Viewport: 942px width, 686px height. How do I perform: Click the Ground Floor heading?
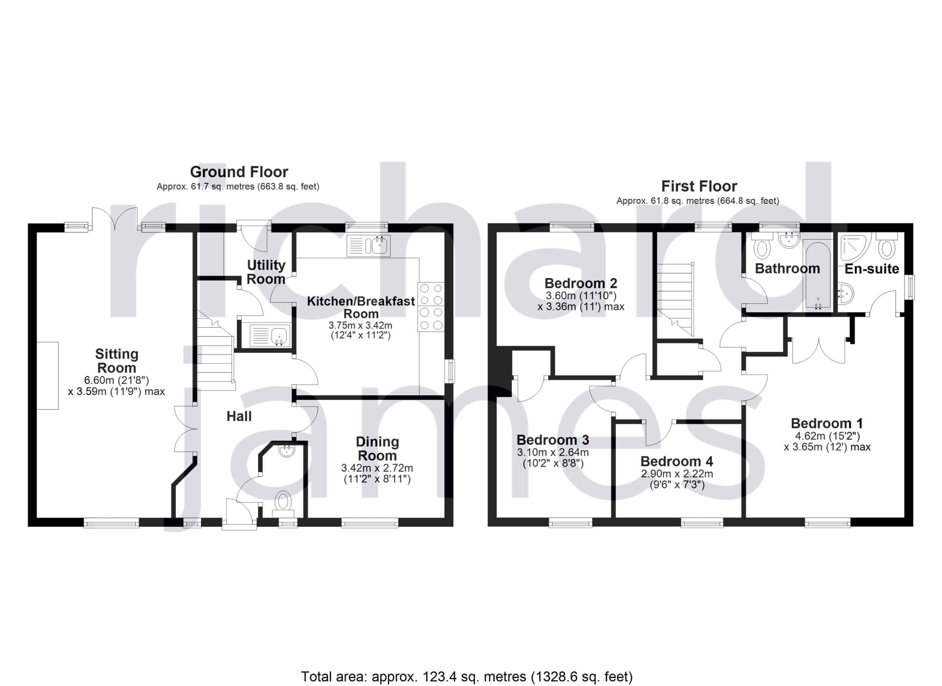point(239,172)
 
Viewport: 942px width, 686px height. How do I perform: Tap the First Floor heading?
point(699,186)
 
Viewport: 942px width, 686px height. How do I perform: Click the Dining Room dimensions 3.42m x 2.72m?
point(377,468)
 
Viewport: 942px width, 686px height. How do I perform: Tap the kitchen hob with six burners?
point(431,307)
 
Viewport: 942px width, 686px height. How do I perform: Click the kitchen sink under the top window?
point(368,245)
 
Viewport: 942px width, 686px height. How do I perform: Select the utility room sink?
point(270,336)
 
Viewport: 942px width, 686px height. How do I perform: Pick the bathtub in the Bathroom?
point(817,274)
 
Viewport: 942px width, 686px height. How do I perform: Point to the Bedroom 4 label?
point(677,462)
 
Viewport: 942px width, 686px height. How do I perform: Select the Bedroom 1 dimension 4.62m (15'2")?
point(827,436)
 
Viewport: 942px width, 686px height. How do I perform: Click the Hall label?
point(239,416)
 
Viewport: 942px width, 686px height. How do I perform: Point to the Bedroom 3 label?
point(553,440)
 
